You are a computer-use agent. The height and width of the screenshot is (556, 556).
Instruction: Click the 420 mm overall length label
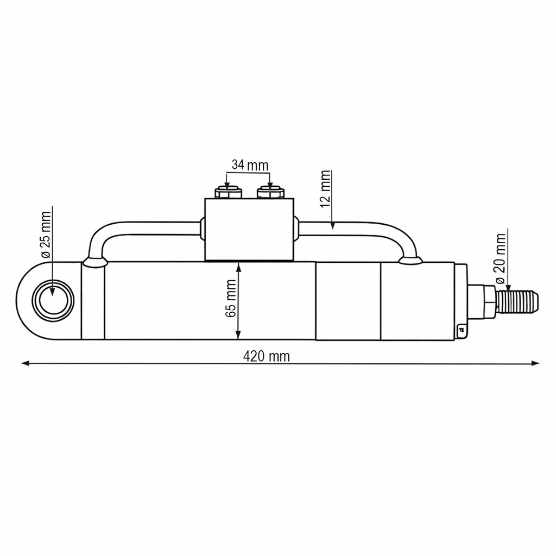click(x=266, y=356)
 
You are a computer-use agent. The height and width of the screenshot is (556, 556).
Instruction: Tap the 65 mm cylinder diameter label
click(x=230, y=299)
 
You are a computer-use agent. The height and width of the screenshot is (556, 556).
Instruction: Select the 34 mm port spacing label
click(x=250, y=165)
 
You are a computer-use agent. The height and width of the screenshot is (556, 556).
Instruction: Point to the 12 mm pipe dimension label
click(x=325, y=188)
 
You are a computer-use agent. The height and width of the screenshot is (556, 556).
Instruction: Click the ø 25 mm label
click(x=46, y=235)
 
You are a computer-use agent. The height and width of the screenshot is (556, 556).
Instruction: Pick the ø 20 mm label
click(x=500, y=258)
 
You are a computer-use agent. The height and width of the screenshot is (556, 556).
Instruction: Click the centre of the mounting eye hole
click(x=53, y=301)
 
